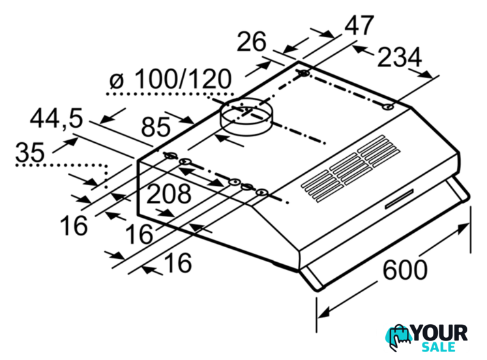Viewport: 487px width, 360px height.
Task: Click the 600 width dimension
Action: (x=405, y=269)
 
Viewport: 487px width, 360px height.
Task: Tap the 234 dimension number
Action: (x=400, y=57)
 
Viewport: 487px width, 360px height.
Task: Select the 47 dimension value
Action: (x=359, y=25)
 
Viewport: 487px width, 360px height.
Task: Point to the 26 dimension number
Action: (x=252, y=41)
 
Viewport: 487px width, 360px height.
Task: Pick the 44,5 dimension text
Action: (x=57, y=118)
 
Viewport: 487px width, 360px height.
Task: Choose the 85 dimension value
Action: (x=156, y=127)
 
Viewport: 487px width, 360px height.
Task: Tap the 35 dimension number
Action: (x=30, y=152)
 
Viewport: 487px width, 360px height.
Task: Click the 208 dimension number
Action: (x=169, y=194)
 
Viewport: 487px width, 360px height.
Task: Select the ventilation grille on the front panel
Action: (x=350, y=169)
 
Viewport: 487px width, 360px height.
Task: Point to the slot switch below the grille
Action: (x=400, y=199)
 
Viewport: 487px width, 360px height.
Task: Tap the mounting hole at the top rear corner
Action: (x=304, y=73)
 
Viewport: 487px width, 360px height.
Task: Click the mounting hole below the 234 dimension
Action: (x=388, y=107)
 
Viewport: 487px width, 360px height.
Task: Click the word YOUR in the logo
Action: (x=440, y=333)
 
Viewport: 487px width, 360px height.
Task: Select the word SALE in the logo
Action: (x=439, y=347)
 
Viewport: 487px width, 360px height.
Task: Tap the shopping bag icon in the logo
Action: (x=399, y=338)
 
